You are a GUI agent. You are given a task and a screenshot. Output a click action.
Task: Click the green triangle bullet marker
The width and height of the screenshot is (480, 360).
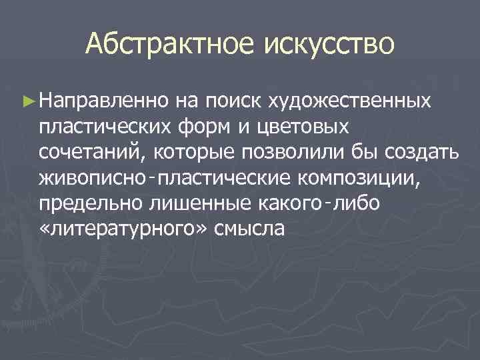point(27,101)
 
